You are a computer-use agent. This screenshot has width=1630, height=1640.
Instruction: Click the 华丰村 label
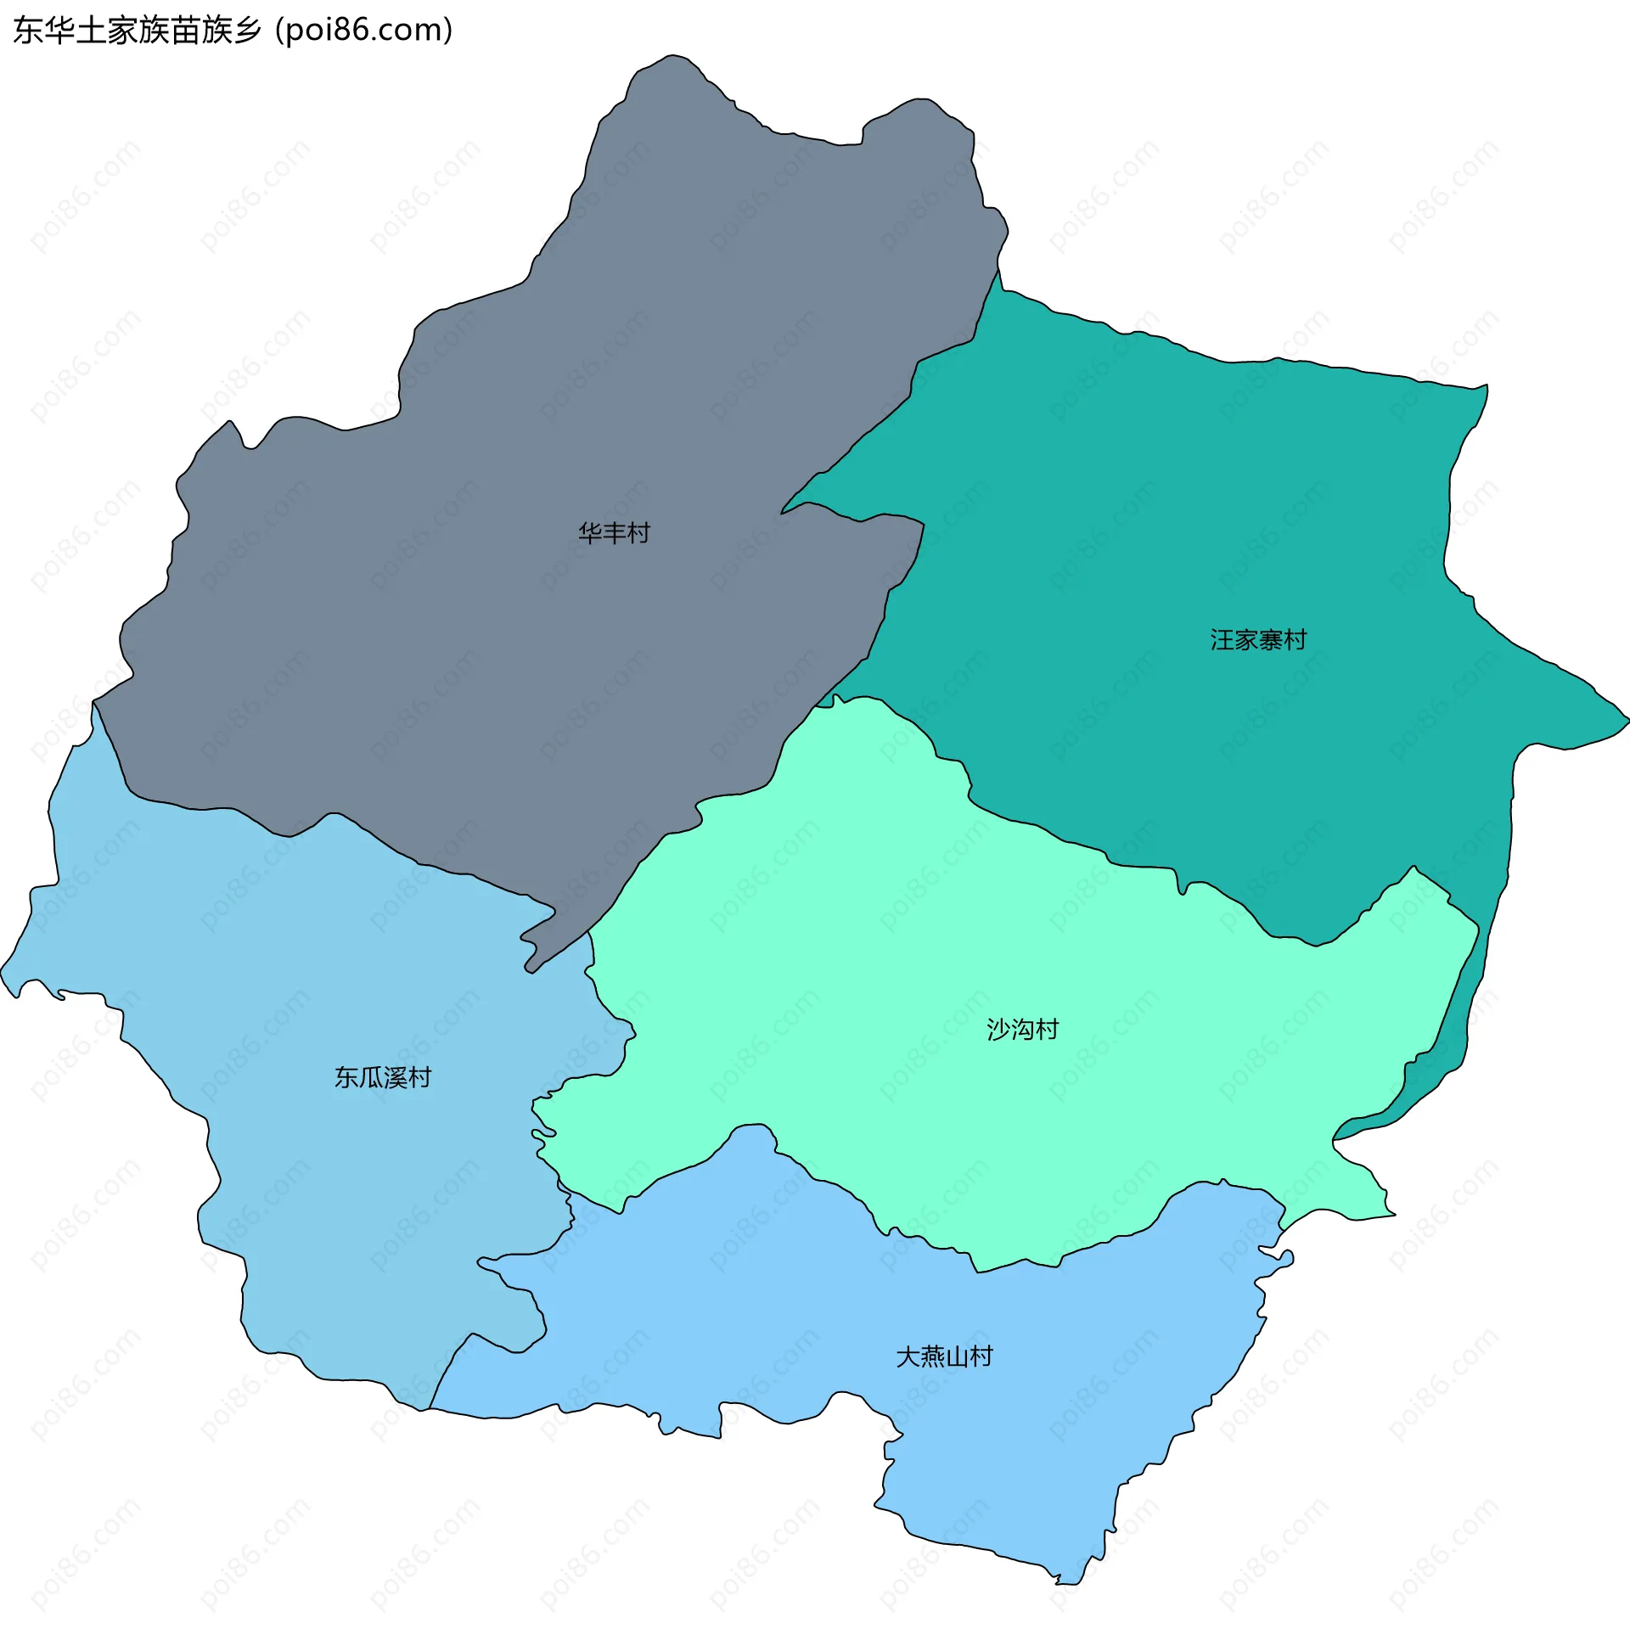click(x=614, y=533)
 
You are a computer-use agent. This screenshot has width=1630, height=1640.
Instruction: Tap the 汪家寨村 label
click(x=1258, y=640)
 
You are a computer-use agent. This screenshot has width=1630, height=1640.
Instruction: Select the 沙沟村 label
click(x=1022, y=1030)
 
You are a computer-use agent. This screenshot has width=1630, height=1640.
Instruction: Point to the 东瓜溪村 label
click(x=383, y=1077)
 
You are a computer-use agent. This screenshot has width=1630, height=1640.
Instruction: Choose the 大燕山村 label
click(x=944, y=1356)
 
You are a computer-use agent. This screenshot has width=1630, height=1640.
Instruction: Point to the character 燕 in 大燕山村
click(x=932, y=1356)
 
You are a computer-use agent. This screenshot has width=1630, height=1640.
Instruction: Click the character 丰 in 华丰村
click(x=614, y=533)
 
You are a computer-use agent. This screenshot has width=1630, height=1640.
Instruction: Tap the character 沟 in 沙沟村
click(x=1022, y=1030)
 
